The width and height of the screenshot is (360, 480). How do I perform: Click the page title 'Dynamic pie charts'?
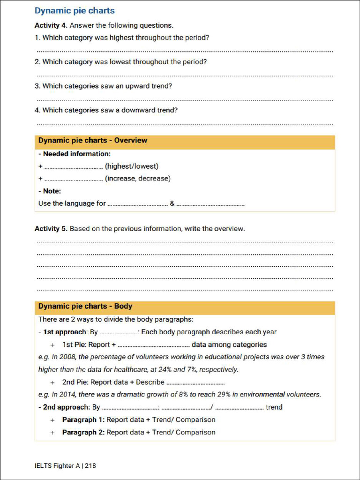click(x=75, y=11)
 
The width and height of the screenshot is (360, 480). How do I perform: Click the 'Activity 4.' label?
click(x=51, y=25)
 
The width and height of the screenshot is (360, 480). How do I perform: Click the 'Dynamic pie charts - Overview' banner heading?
click(x=92, y=141)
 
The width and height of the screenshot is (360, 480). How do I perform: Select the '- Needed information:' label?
click(x=74, y=154)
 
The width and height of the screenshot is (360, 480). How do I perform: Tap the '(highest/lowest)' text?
click(x=132, y=166)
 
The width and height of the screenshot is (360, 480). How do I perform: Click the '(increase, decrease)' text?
click(x=138, y=179)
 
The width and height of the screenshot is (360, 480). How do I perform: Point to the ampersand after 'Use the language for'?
click(x=172, y=203)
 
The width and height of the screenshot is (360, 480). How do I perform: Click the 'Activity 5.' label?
click(x=51, y=229)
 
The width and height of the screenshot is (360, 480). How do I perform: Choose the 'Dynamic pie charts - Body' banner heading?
click(x=85, y=307)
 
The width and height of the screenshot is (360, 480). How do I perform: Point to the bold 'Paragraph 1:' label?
click(x=83, y=420)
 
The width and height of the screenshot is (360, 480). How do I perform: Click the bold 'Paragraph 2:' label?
click(x=83, y=432)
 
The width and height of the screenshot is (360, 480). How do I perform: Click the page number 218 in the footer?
click(x=90, y=466)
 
